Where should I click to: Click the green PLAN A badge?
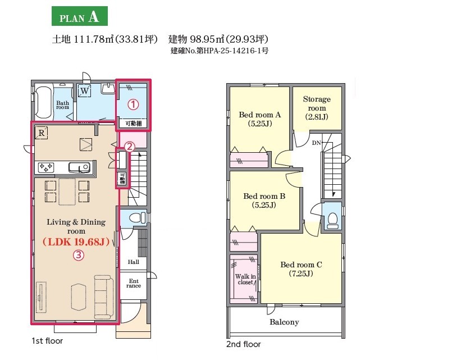(80, 16)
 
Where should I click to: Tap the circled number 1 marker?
(133, 104)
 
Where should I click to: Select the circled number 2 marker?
(129, 147)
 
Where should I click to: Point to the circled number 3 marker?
(78, 255)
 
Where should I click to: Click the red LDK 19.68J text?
(76, 242)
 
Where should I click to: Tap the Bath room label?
(62, 105)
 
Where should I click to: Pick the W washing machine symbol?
(85, 90)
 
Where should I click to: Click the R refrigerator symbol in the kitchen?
(42, 133)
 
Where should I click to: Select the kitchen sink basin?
(79, 167)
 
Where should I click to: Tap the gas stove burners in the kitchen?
(45, 167)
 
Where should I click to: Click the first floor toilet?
(137, 217)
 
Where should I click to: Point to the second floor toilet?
(333, 220)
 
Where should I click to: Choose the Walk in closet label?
(245, 279)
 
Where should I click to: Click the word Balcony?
(284, 322)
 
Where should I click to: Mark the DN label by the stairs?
(316, 143)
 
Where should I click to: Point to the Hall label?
(133, 262)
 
